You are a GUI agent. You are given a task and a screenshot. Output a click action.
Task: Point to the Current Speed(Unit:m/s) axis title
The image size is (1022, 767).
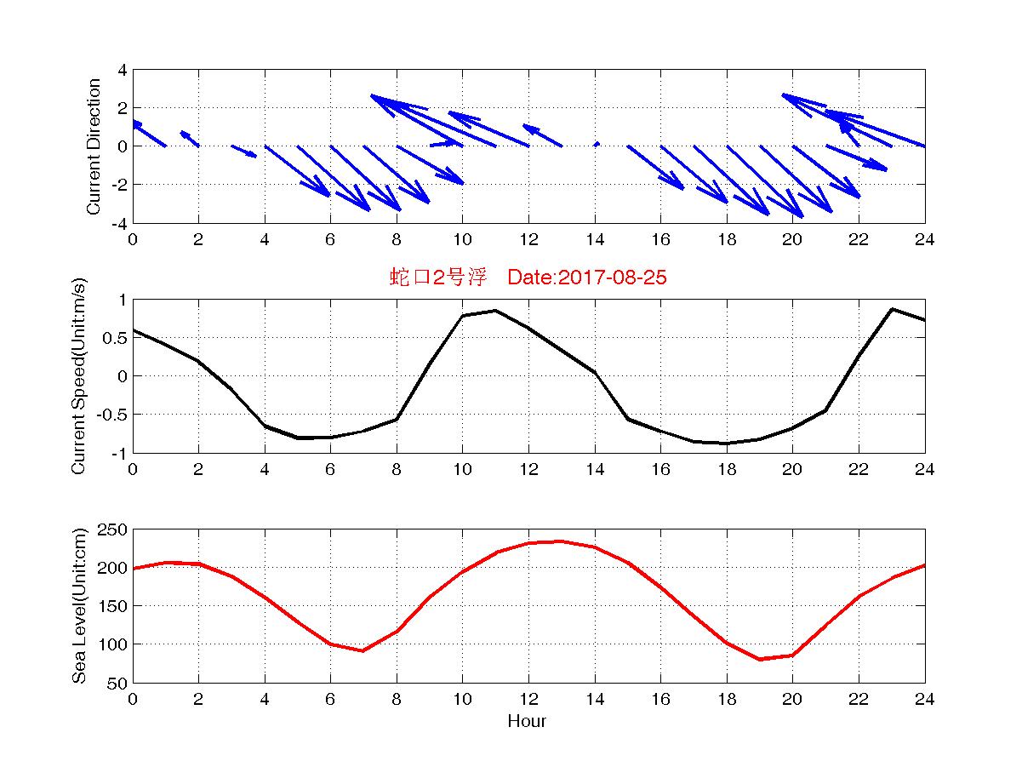[x=78, y=376]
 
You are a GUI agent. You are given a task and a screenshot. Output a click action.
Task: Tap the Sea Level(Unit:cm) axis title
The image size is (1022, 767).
[x=78, y=606]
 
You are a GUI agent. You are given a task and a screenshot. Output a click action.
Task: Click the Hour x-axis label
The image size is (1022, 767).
[x=527, y=722]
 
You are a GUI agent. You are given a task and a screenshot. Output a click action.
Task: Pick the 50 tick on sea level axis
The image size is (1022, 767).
[x=118, y=683]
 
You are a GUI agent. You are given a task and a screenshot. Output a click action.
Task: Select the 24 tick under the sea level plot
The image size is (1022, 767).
[x=924, y=700]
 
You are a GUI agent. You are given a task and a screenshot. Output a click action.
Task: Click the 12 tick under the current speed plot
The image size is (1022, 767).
[x=528, y=470]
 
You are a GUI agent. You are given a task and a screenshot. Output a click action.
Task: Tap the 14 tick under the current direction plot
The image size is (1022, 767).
[x=595, y=240]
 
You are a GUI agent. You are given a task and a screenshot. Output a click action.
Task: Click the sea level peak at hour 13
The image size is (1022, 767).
[x=562, y=541]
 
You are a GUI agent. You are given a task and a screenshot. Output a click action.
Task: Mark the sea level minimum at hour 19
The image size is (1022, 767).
[x=759, y=659]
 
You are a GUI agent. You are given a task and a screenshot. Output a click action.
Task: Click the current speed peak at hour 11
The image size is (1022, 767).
[x=495, y=311]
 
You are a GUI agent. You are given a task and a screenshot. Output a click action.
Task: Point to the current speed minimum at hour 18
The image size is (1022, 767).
[x=726, y=444]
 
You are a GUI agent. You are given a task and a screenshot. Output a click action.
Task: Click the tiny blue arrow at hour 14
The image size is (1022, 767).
[x=597, y=144]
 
